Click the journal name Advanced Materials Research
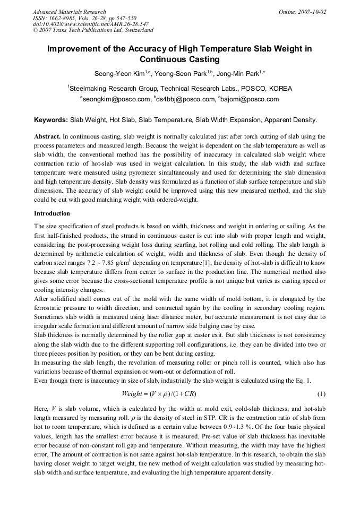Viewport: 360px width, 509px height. click(x=69, y=12)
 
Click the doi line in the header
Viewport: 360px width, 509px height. click(x=90, y=24)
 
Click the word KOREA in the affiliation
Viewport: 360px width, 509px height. click(x=280, y=89)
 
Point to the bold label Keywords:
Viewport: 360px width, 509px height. click(x=51, y=120)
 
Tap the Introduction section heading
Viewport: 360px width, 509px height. click(x=52, y=213)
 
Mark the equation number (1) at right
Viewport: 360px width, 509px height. click(x=321, y=394)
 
